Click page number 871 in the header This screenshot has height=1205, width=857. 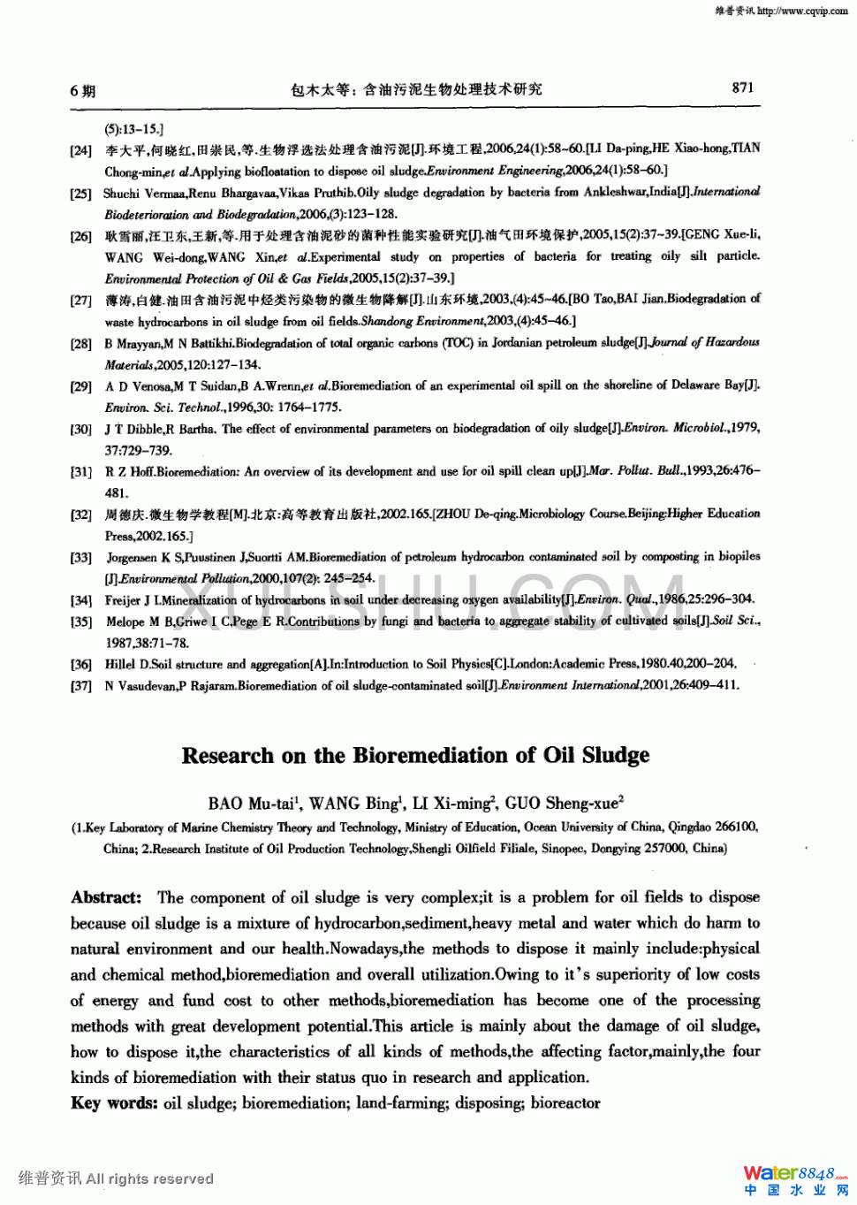743,88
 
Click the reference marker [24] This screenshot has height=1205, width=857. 81,150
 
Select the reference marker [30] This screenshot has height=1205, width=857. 81,429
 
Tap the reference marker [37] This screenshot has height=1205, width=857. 81,686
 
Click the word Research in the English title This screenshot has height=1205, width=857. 228,756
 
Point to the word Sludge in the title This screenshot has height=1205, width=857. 616,756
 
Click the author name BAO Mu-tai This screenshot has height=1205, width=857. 252,804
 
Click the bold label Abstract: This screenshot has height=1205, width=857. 106,897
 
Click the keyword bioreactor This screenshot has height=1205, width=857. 565,1103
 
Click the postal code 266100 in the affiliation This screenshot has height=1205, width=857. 736,827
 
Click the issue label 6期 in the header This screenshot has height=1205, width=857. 82,90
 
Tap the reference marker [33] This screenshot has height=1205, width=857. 81,558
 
